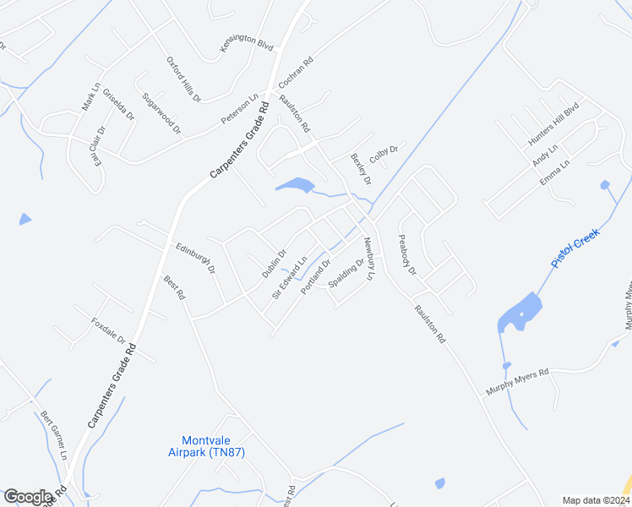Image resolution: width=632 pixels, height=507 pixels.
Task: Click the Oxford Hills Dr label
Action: pyautogui.click(x=183, y=80)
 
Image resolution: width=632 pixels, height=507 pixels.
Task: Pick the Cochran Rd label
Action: pyautogui.click(x=296, y=74)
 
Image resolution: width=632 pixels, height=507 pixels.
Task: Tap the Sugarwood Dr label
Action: pyautogui.click(x=161, y=113)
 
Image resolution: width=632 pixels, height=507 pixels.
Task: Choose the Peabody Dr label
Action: pyautogui.click(x=407, y=254)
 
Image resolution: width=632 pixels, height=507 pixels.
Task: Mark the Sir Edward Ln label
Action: pyautogui.click(x=289, y=278)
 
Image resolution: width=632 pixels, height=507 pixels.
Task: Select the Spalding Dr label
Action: pyautogui.click(x=346, y=272)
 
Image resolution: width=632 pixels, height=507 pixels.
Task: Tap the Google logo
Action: pyautogui.click(x=29, y=497)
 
